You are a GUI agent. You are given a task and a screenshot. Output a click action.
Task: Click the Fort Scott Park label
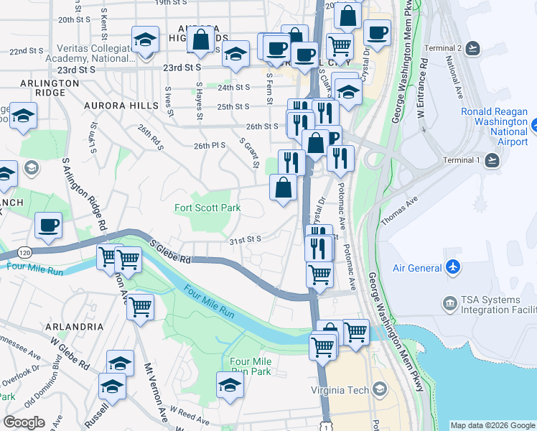point(207,208)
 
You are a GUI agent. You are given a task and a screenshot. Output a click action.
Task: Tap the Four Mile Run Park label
point(251,366)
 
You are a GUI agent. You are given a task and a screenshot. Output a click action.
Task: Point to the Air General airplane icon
point(452,268)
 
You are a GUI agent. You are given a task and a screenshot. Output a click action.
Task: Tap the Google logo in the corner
point(24,422)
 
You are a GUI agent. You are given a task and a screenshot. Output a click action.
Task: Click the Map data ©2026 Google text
point(492,425)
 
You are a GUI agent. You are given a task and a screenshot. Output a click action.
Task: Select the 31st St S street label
point(244,239)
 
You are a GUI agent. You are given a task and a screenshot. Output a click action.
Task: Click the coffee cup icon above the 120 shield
point(48,226)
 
